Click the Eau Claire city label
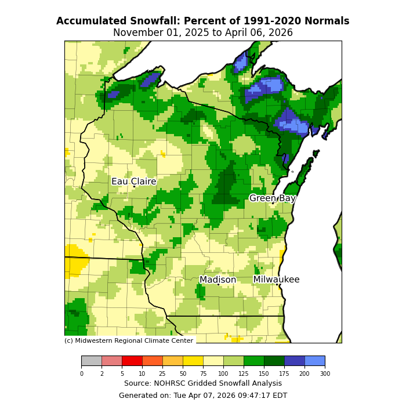(134, 182)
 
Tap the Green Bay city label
(273, 198)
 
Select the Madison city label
(218, 280)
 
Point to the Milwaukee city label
(276, 280)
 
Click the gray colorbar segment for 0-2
(91, 361)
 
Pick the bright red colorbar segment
(132, 361)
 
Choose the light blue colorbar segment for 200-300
(314, 361)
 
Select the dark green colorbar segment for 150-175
(274, 361)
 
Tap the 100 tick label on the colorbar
(223, 374)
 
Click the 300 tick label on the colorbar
(325, 374)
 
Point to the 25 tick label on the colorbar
(162, 374)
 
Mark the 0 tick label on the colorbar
(81, 374)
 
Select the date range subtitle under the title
(203, 33)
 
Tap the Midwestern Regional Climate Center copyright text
(129, 341)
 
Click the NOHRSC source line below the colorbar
(203, 383)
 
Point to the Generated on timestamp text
(203, 396)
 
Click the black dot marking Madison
(218, 284)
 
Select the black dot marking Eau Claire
(133, 186)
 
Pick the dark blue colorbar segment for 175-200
(294, 361)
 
